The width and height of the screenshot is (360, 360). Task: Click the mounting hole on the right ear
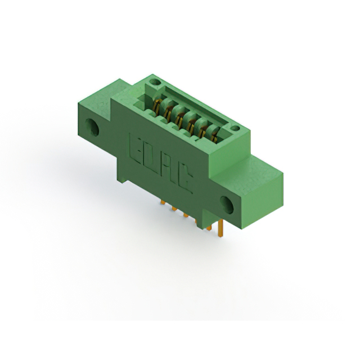[x=227, y=205]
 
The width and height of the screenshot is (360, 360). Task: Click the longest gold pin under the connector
[x=221, y=228]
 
